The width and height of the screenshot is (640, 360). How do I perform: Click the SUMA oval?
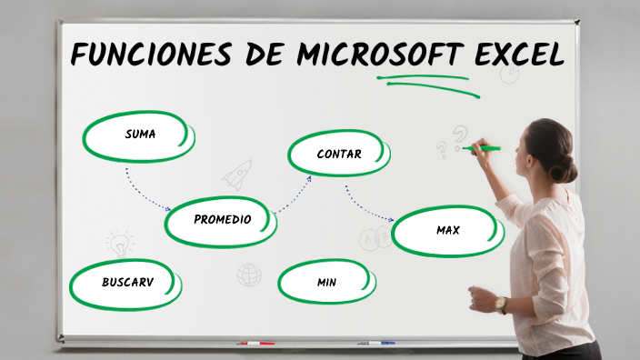pos(139,135)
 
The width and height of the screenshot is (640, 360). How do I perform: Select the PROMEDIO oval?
pos(222,220)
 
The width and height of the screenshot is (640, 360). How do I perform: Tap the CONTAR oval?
pos(338,154)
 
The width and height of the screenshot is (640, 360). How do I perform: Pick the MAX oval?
pos(447,231)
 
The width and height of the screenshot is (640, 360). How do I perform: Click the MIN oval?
pos(326,283)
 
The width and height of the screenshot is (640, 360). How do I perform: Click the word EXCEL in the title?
pos(519,55)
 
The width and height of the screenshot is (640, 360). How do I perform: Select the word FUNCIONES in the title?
pos(153,55)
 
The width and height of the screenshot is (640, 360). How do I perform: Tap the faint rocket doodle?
pos(238,173)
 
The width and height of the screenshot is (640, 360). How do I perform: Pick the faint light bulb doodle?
pos(119,243)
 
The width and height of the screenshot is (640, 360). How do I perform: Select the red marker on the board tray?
pos(255,344)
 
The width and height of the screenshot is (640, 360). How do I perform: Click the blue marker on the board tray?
pos(376,344)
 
